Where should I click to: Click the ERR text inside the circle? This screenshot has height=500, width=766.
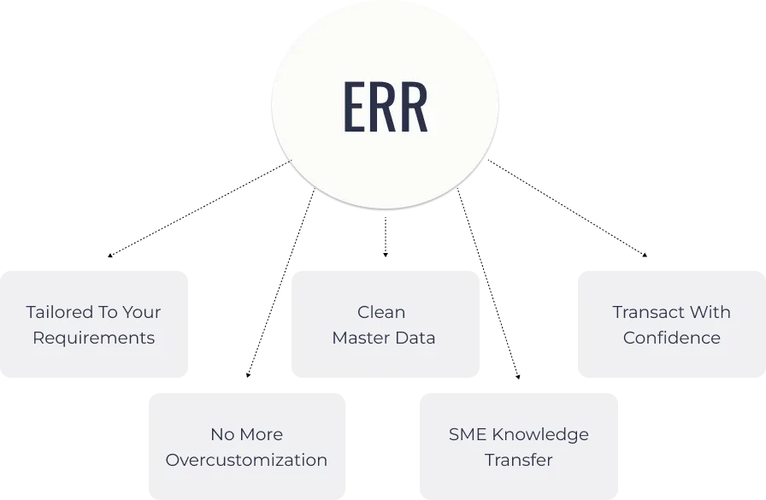(x=385, y=109)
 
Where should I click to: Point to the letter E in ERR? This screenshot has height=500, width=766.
(x=354, y=109)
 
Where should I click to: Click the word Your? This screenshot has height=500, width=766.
(x=142, y=312)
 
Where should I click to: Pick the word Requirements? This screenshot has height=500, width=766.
(x=93, y=338)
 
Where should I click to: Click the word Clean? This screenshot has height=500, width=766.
(x=381, y=312)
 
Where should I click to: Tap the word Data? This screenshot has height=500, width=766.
(x=415, y=338)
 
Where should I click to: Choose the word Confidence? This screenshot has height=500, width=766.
(x=671, y=338)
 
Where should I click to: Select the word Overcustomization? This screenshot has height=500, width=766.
(x=246, y=460)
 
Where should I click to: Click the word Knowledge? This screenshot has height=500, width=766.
(x=539, y=434)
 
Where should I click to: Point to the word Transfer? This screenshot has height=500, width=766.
(x=519, y=460)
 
